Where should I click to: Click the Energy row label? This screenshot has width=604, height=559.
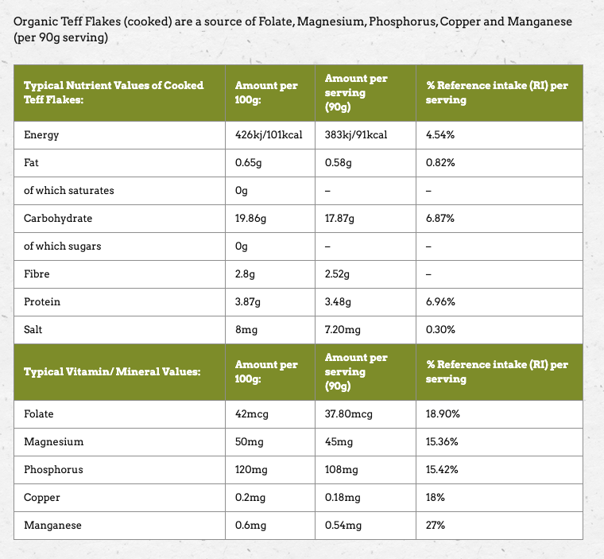tap(41, 135)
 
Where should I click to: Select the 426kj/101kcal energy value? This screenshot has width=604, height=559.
tap(269, 135)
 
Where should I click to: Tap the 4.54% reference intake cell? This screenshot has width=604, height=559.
tap(439, 135)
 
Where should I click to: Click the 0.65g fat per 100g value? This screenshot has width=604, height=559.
tap(250, 163)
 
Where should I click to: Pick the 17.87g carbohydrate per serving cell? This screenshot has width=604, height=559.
tap(339, 219)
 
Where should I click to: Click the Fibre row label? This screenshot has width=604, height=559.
tap(37, 274)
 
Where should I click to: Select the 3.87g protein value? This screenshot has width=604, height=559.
tap(250, 302)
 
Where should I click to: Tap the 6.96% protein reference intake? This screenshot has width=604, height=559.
tap(440, 302)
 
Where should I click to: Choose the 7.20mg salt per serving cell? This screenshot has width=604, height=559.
tap(343, 330)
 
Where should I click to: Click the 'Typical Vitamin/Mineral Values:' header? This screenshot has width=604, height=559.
tap(111, 371)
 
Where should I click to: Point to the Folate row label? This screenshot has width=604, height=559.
tap(39, 414)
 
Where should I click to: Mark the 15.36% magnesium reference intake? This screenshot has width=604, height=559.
tap(443, 442)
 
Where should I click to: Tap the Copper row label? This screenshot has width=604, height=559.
tap(42, 498)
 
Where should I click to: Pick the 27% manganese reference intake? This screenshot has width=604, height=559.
tap(436, 526)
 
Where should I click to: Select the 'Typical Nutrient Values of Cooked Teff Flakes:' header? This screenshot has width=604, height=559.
tap(114, 92)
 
